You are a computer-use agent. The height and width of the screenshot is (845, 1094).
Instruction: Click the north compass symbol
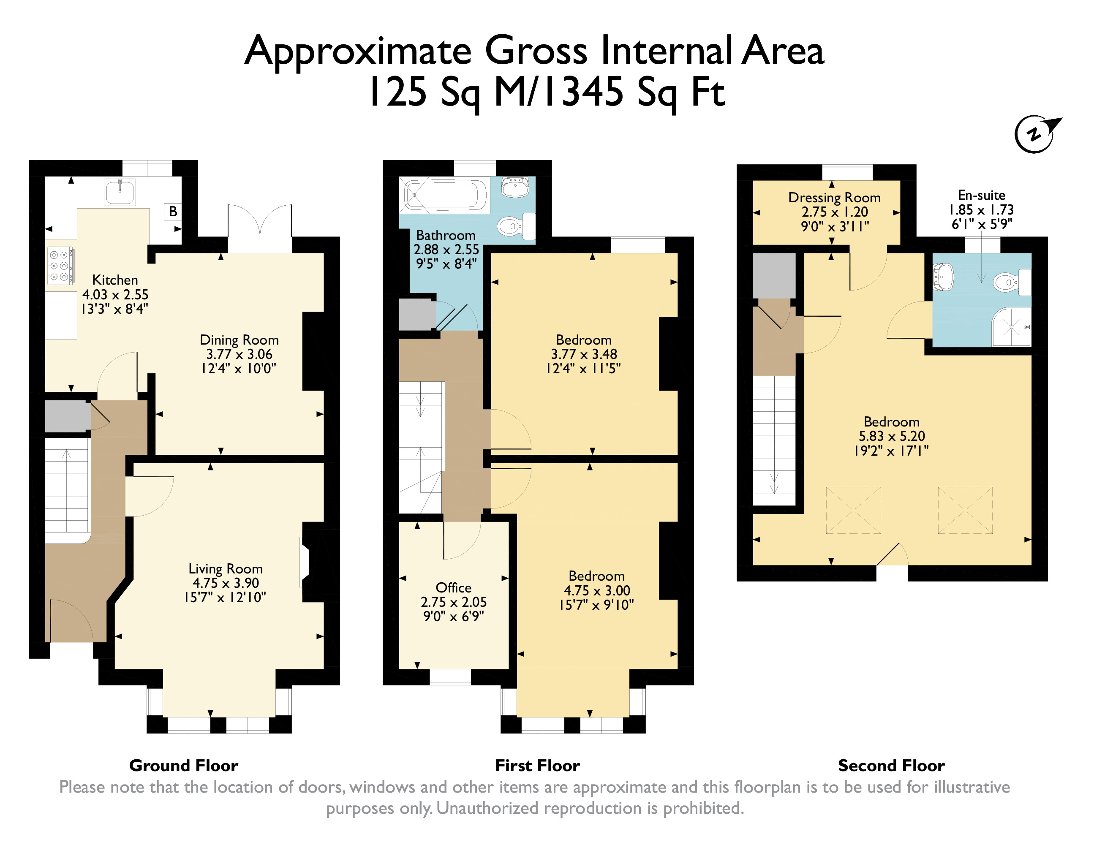click(x=1035, y=134)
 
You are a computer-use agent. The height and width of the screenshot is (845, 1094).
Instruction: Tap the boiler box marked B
click(x=173, y=212)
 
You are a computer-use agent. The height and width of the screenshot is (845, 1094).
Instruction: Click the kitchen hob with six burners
click(x=60, y=266)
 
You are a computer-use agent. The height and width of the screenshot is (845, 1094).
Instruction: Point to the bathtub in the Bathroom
click(x=445, y=194)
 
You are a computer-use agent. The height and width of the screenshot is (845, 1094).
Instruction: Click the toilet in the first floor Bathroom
click(x=515, y=226)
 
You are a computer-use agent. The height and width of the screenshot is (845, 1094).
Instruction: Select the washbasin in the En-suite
click(x=943, y=277)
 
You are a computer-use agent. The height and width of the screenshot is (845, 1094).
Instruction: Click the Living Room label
click(x=226, y=568)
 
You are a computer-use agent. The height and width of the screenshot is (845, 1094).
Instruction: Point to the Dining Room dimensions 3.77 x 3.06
click(x=239, y=354)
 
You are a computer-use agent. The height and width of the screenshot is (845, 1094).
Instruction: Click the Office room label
click(x=453, y=587)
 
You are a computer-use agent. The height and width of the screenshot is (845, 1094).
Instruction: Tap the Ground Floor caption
click(x=184, y=765)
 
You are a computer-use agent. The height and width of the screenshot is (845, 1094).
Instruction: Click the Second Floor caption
click(x=892, y=765)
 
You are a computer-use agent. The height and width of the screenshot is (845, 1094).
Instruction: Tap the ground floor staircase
click(x=67, y=491)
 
